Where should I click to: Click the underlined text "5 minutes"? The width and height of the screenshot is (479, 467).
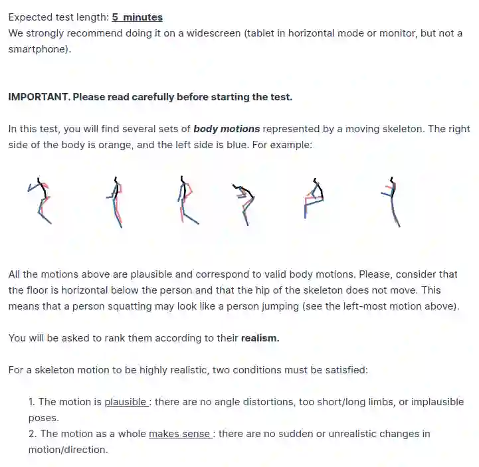(137, 17)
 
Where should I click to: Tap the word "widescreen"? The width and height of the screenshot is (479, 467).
(213, 33)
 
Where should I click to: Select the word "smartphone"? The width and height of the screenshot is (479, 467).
(37, 49)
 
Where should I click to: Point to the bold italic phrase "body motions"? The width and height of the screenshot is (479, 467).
(227, 129)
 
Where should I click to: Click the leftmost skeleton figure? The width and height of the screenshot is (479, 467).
(41, 201)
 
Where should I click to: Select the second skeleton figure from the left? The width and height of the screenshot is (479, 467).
(115, 202)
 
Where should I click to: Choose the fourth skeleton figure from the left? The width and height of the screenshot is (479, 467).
(243, 205)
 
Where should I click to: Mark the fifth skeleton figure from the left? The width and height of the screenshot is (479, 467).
(314, 199)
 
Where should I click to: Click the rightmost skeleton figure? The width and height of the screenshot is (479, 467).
(391, 202)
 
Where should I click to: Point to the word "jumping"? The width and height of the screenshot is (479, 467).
(280, 306)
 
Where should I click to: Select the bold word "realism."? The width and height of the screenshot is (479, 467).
(260, 338)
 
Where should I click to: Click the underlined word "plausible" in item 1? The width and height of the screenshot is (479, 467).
(126, 402)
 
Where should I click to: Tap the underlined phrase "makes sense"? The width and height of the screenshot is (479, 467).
(179, 434)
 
